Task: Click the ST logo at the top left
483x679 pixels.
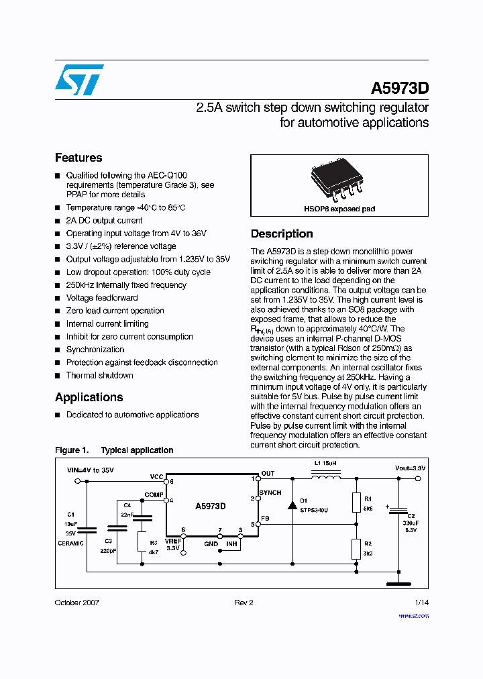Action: click(79, 80)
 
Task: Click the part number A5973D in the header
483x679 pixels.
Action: click(400, 89)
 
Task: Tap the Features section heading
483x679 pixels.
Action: click(78, 158)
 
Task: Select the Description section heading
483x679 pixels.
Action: click(282, 234)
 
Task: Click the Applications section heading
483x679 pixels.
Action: click(89, 397)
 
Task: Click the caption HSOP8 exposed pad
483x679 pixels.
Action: click(339, 209)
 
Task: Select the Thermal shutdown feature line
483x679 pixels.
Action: click(99, 376)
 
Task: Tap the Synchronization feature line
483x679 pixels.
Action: click(95, 350)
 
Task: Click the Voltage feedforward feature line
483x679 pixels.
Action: click(102, 298)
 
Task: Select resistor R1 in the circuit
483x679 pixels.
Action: click(356, 503)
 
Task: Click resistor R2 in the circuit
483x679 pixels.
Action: click(356, 548)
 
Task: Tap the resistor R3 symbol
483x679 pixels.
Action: click(142, 541)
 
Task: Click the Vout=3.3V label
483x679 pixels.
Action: click(410, 468)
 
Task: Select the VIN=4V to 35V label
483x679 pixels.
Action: click(91, 470)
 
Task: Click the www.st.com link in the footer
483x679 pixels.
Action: click(413, 616)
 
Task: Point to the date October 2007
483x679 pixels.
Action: click(77, 603)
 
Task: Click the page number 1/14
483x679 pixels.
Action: click(421, 603)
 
